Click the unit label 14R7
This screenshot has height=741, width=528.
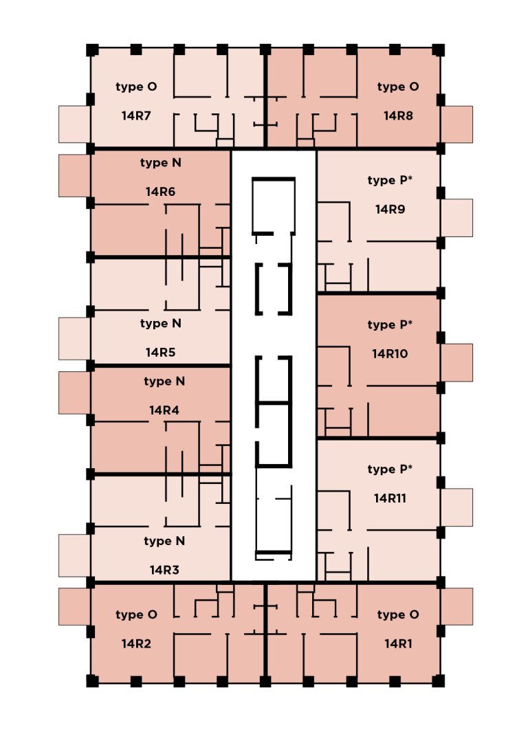(x=136, y=115)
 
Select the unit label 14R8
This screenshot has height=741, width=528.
(x=398, y=115)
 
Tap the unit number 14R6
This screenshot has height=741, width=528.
(x=160, y=192)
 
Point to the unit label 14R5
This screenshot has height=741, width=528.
(x=160, y=353)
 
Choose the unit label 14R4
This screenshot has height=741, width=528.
(x=164, y=410)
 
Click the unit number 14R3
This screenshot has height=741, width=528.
(x=164, y=570)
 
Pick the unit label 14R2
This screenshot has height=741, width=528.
(x=136, y=644)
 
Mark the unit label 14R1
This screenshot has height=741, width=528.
(x=398, y=644)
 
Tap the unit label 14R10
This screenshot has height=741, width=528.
(x=390, y=354)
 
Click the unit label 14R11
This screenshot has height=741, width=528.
(x=390, y=498)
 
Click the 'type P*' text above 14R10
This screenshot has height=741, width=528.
(x=390, y=325)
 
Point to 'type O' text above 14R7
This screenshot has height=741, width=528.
(x=136, y=87)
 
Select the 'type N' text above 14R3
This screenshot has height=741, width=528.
(x=164, y=541)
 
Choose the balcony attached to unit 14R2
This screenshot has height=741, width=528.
(x=74, y=606)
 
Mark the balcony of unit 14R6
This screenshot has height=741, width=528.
(x=74, y=175)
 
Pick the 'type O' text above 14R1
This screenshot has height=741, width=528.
(x=398, y=615)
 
